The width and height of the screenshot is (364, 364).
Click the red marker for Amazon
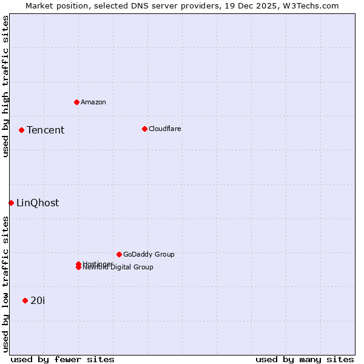tap(76, 102)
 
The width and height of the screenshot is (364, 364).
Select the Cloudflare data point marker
tap(144, 129)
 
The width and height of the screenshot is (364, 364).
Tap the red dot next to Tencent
tap(21, 130)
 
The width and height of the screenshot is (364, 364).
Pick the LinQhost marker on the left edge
tap(11, 203)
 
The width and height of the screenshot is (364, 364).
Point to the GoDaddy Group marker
tap(119, 254)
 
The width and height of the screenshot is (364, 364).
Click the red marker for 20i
tap(25, 300)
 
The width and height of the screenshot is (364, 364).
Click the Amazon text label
tap(93, 102)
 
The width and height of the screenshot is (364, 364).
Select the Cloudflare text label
tap(165, 129)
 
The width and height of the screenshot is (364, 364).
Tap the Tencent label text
tap(45, 130)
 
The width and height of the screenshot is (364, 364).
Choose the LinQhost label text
tap(38, 203)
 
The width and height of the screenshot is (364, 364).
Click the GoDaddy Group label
tap(149, 254)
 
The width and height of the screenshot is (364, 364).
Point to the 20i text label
tap(38, 300)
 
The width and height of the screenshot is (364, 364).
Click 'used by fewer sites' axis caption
tap(62, 359)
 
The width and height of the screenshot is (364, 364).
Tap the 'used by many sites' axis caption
tap(305, 359)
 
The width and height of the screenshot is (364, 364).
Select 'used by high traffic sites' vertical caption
tap(5, 86)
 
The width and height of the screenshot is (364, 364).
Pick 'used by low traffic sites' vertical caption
tap(5, 284)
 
